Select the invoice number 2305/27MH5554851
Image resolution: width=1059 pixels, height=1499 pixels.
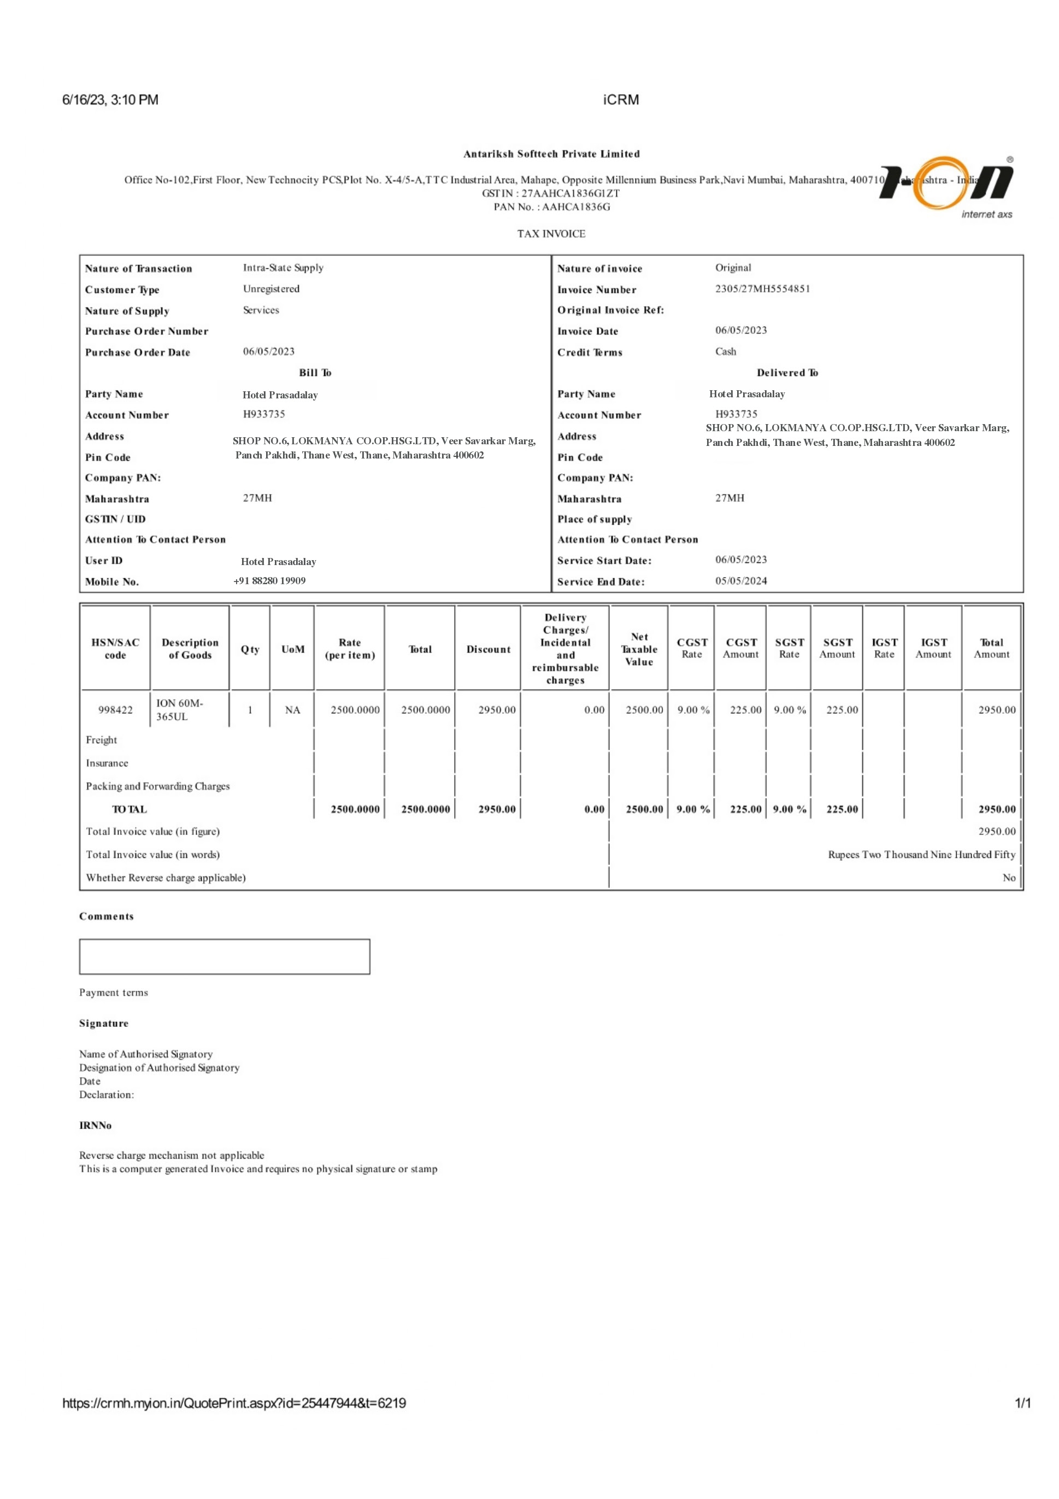[x=762, y=289]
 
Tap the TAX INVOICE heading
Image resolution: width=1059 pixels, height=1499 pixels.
[x=551, y=234]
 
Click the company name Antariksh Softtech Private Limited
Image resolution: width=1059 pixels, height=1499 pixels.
[x=551, y=154]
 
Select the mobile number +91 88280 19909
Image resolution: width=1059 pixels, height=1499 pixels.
[x=269, y=580]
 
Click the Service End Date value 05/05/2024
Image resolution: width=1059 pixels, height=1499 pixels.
[x=740, y=580]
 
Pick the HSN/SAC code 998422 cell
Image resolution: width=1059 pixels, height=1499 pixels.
[x=115, y=710]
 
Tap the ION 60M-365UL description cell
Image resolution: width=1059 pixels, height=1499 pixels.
[x=180, y=710]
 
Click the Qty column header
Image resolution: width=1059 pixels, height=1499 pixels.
[x=250, y=649]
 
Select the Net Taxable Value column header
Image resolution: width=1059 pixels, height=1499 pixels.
[x=639, y=649]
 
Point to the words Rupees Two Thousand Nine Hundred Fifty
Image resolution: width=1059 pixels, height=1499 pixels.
[x=921, y=855]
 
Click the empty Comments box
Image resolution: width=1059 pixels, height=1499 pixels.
[x=225, y=956]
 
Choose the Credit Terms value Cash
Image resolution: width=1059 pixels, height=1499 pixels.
[x=725, y=351]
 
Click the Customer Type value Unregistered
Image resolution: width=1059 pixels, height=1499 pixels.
[x=271, y=289]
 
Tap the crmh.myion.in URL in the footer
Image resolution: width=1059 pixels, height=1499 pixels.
[x=234, y=1403]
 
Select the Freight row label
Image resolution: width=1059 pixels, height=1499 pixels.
[x=101, y=740]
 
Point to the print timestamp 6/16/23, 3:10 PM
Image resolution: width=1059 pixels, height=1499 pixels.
[x=110, y=100]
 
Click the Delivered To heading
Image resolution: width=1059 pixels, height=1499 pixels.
[x=787, y=373]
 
